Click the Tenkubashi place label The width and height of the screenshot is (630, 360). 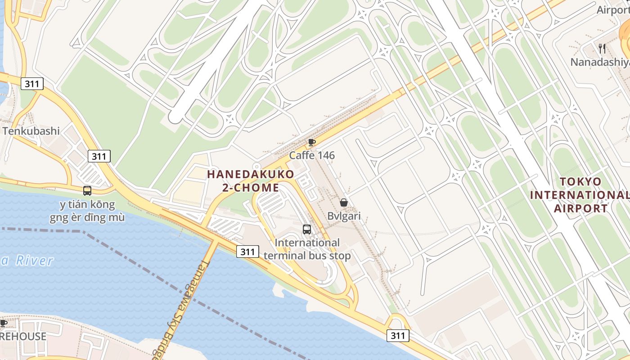(x=31, y=131)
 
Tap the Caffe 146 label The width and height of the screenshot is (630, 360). (x=312, y=156)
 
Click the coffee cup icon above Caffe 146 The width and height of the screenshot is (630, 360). (x=311, y=143)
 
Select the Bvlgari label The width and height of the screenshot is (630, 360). (x=344, y=216)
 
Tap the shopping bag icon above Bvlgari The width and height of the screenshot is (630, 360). (x=344, y=203)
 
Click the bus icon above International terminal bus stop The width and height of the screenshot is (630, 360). (x=307, y=229)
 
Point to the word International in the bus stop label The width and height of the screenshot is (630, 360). (x=307, y=243)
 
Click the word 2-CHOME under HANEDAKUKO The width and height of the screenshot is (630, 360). (x=251, y=187)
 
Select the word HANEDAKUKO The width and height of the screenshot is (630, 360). (x=251, y=174)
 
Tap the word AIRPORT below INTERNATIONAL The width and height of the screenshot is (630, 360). (x=580, y=208)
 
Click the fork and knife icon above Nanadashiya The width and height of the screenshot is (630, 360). (x=602, y=49)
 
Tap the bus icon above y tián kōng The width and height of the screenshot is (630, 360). (x=87, y=191)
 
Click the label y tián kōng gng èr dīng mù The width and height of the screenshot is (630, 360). (x=87, y=211)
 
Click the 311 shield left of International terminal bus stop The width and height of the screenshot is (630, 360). (x=247, y=252)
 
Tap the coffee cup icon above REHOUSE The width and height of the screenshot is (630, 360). (x=3, y=323)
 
